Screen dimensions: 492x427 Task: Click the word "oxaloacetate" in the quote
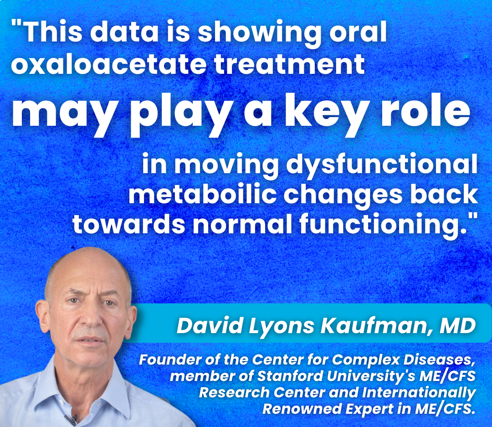109,64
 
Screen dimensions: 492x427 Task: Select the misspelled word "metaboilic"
202,195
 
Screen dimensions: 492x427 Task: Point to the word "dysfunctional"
382,165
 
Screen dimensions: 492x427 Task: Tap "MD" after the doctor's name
458,325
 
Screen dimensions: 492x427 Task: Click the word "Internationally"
419,393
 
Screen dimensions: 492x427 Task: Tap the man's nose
91,317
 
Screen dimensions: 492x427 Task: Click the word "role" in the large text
426,113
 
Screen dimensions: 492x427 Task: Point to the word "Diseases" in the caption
439,360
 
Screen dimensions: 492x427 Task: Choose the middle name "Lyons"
281,327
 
